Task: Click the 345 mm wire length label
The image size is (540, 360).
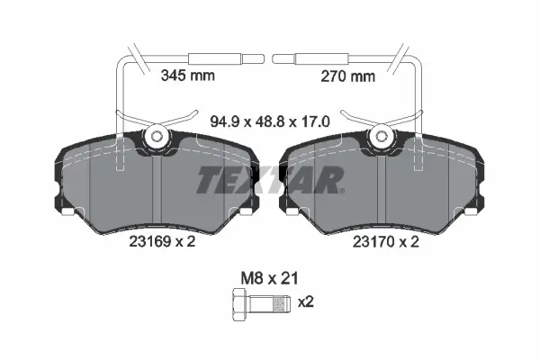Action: (x=188, y=76)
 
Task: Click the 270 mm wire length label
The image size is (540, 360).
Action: (x=347, y=76)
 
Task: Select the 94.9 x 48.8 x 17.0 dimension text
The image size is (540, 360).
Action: (x=270, y=121)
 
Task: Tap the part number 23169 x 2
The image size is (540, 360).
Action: (x=162, y=241)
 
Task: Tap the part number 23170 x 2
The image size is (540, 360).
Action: (x=386, y=242)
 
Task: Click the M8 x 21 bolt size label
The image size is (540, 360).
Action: (x=269, y=278)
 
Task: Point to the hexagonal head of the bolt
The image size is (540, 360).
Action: (x=240, y=305)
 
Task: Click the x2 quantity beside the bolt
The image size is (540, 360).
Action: (x=305, y=302)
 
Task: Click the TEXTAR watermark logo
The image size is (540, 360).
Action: (x=270, y=180)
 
